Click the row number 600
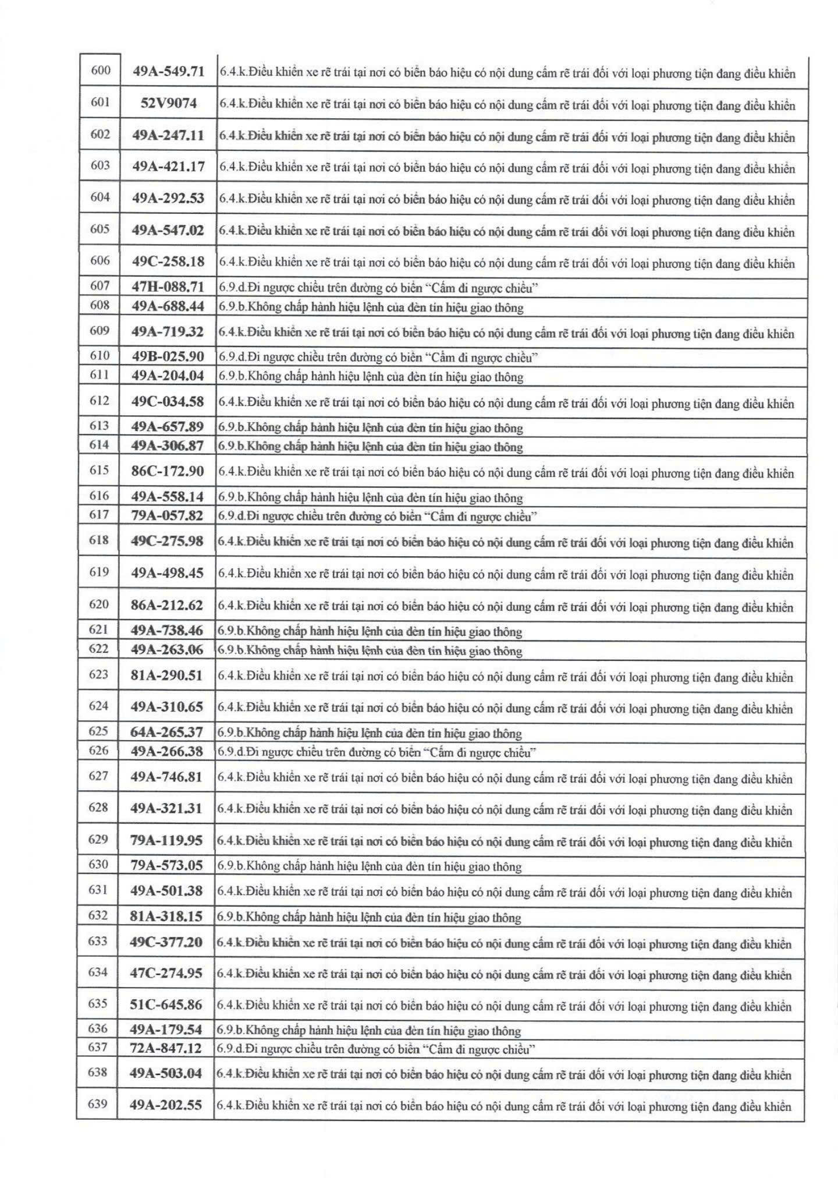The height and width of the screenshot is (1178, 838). [101, 70]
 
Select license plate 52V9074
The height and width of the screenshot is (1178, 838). [168, 103]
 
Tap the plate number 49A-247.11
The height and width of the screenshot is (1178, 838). [168, 135]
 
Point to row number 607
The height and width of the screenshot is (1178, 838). [100, 286]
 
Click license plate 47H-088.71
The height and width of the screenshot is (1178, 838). [168, 286]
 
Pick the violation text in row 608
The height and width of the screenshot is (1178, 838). [371, 307]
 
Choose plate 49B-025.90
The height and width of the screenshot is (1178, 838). [168, 356]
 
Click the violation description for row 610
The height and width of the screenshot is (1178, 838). [378, 357]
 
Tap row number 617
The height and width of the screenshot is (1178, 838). [99, 515]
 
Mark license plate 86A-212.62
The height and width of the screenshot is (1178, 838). [167, 605]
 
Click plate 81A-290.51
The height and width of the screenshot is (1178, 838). [167, 675]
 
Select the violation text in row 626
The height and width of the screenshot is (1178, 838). [377, 752]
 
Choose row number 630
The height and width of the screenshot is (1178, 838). [98, 865]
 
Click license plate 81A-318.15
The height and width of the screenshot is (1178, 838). [166, 916]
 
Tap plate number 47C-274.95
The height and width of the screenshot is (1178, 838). [166, 973]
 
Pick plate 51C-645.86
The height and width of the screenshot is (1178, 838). [166, 1004]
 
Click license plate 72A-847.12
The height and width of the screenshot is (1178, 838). [166, 1048]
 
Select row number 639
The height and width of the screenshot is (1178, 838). [98, 1103]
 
